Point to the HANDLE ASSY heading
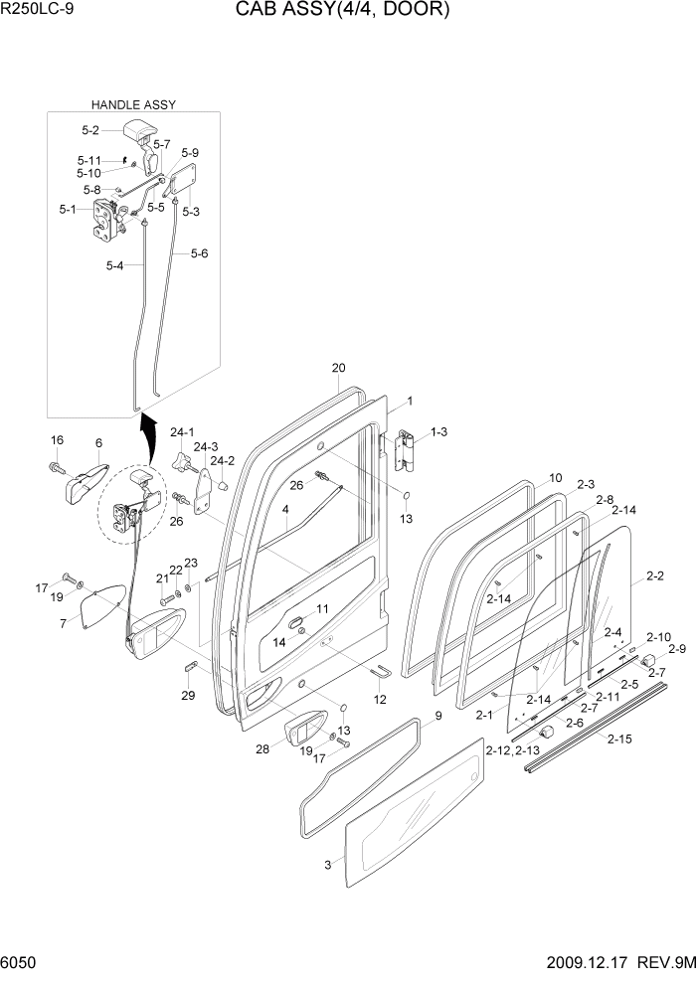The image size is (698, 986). [x=133, y=104]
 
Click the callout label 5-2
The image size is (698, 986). [x=90, y=130]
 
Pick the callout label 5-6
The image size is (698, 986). [x=198, y=253]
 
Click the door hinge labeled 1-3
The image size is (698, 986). [x=403, y=452]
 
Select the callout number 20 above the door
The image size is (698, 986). [x=338, y=368]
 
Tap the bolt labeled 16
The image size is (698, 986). [x=58, y=466]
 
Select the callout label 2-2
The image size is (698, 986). [x=654, y=575]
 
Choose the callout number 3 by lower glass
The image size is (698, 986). [x=326, y=865]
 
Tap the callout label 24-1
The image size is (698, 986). [x=182, y=432]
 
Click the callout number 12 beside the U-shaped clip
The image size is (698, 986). [x=379, y=700]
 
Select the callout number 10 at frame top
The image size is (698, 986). [x=555, y=477]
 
